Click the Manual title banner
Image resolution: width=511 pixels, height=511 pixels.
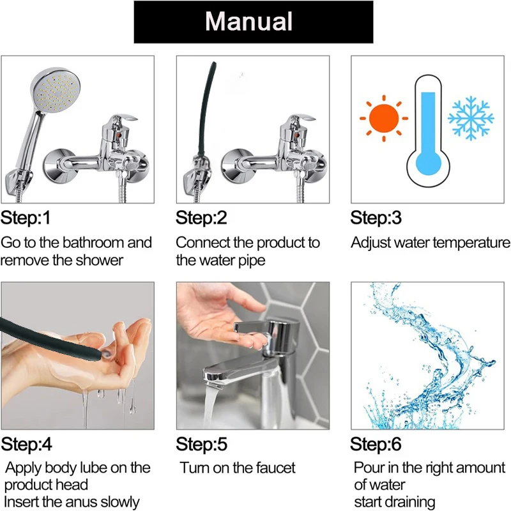pyautogui.click(x=253, y=22)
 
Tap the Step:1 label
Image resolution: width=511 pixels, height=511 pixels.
pyautogui.click(x=26, y=218)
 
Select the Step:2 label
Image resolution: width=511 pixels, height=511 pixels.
pyautogui.click(x=201, y=218)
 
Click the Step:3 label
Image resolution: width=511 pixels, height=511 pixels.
pyautogui.click(x=376, y=218)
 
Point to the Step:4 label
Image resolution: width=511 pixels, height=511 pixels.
pyautogui.click(x=26, y=444)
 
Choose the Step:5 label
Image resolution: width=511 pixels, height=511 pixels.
pyautogui.click(x=201, y=444)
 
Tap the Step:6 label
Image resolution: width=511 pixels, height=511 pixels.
pyautogui.click(x=377, y=444)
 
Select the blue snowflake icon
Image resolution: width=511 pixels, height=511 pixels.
pyautogui.click(x=471, y=118)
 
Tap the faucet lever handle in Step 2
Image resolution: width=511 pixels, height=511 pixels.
pyautogui.click(x=300, y=119)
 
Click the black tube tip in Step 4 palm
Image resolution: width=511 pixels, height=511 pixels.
pyautogui.click(x=99, y=351)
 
